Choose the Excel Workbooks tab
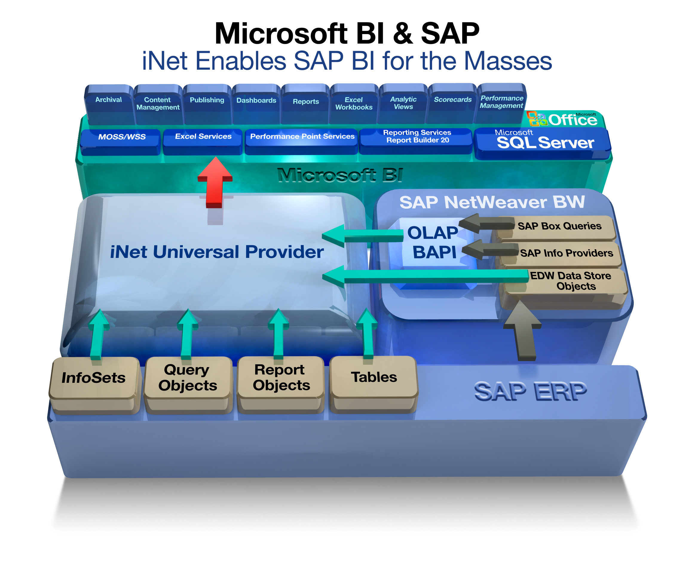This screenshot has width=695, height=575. click(354, 104)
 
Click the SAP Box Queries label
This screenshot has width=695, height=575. click(559, 227)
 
